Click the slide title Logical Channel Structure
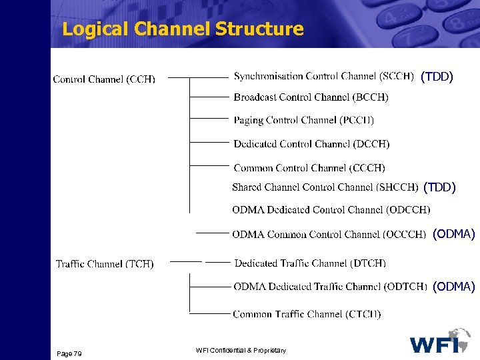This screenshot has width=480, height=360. [182, 29]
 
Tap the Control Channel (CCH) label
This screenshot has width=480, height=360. [104, 79]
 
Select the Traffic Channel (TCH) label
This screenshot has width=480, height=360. [105, 264]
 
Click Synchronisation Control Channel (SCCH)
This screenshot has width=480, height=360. [324, 76]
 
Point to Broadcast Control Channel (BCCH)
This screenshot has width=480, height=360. [311, 97]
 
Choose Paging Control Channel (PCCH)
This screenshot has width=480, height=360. [303, 121]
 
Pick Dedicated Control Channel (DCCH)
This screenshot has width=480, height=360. [311, 144]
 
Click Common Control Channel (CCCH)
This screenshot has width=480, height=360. [309, 168]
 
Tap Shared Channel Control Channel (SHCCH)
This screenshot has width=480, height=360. [325, 187]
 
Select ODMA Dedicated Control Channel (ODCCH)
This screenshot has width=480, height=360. [331, 210]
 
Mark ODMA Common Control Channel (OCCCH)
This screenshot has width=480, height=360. [329, 235]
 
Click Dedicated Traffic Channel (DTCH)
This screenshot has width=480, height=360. [310, 263]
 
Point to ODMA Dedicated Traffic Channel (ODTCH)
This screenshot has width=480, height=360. [330, 287]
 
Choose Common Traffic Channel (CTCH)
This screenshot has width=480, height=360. [307, 314]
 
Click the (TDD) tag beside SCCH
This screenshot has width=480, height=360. [437, 77]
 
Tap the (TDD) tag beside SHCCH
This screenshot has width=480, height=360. [439, 188]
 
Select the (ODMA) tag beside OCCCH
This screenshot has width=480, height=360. [453, 235]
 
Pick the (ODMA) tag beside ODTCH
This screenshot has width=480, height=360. [453, 287]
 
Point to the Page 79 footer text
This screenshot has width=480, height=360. [69, 353]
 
